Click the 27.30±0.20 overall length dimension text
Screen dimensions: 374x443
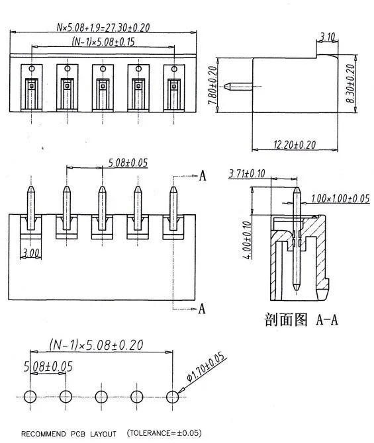pos(103,27)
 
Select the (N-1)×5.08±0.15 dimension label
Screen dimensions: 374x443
pos(103,42)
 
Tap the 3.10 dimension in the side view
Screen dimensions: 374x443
pos(328,37)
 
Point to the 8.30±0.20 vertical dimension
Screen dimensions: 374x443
pos(350,83)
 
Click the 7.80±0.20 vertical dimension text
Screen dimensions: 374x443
pos(212,85)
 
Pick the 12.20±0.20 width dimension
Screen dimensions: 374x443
pos(295,145)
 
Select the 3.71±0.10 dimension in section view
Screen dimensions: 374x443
pos(247,173)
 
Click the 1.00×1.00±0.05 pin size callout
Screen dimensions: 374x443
pos(340,198)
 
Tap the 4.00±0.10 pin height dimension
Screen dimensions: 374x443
pos(247,240)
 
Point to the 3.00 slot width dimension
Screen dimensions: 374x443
pos(31,253)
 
